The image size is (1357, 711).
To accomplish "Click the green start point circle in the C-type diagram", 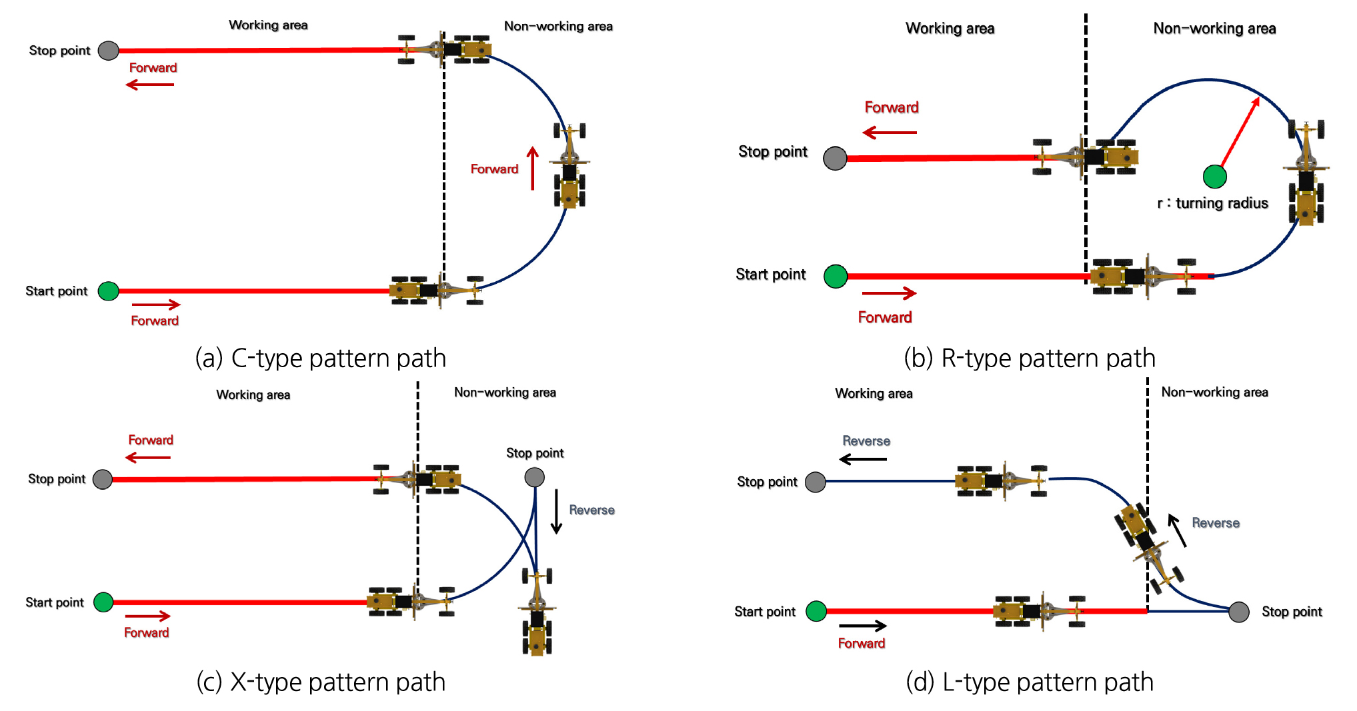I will click(109, 291).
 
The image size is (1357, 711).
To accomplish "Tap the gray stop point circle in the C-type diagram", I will click(109, 51).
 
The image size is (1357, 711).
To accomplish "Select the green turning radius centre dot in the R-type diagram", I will click(1214, 177).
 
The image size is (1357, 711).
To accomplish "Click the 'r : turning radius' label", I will click(1212, 203).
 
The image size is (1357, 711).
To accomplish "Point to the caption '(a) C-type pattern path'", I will click(320, 358).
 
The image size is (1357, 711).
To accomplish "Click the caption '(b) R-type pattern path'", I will click(1029, 358).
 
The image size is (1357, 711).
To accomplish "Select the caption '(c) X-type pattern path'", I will click(320, 682).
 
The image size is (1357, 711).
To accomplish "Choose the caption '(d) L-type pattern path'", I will click(1029, 682).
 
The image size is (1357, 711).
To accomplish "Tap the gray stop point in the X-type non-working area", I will click(534, 477).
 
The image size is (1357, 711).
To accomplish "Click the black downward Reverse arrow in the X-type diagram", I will click(556, 511).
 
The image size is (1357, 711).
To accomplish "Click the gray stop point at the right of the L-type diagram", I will click(1238, 612).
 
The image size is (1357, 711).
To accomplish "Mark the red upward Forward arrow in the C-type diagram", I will click(532, 168).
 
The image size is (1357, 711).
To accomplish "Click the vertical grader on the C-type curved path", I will click(569, 165).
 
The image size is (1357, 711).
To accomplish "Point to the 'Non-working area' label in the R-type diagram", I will click(1214, 29).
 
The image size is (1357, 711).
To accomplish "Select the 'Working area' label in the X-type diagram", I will click(253, 395).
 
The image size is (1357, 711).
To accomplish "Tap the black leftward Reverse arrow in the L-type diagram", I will click(862, 459).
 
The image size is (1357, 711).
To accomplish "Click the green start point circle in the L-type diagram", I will click(816, 611).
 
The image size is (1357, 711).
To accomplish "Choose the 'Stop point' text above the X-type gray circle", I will click(534, 453).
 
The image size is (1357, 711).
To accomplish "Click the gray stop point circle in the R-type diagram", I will click(835, 159).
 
